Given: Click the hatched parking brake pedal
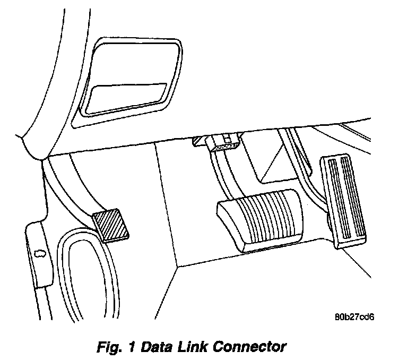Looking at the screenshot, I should click(x=112, y=227).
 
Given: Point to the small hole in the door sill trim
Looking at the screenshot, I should click(x=38, y=254).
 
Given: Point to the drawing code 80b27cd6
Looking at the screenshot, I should click(x=355, y=318).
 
